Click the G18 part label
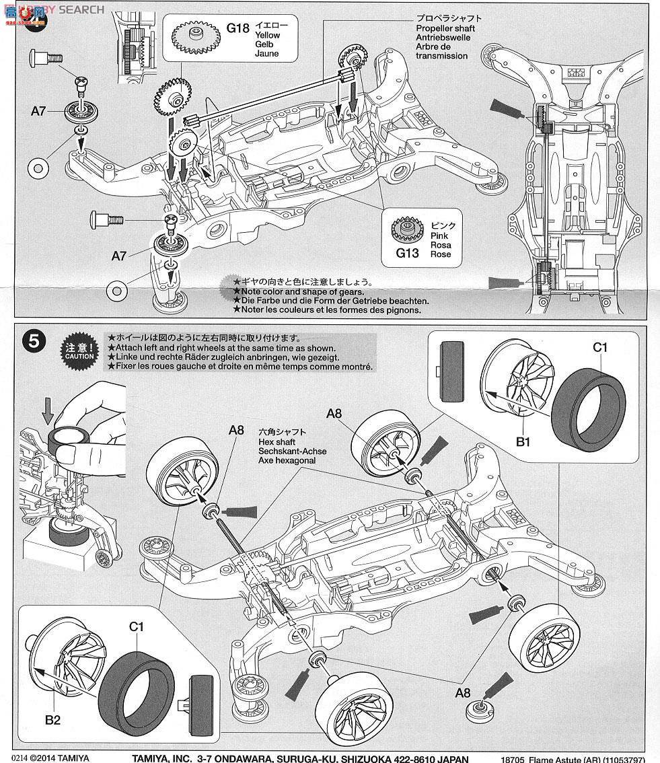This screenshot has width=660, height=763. [237, 28]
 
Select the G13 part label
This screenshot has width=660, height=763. [408, 253]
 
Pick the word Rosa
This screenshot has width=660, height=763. [441, 245]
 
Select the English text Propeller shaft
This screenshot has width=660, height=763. [445, 28]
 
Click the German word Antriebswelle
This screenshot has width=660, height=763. [443, 38]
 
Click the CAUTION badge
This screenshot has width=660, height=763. [80, 350]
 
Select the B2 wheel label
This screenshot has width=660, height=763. [53, 720]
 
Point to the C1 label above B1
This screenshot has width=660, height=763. [599, 347]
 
